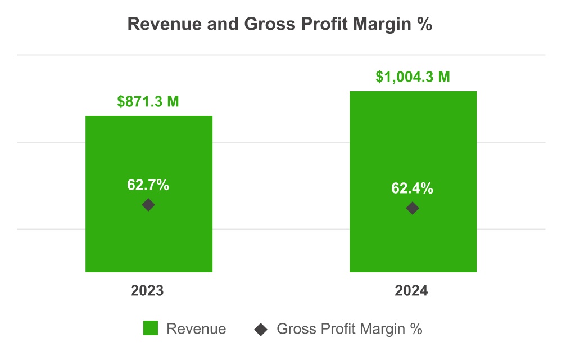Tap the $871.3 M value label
tap(148, 102)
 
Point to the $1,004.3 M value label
tap(413, 77)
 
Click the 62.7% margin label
tap(148, 185)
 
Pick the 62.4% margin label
tap(413, 188)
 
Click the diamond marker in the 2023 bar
tap(148, 205)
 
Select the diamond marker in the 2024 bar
tap(413, 208)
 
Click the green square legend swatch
tap(151, 328)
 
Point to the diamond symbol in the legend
tap(260, 329)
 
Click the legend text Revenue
tap(196, 329)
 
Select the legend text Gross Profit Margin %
tap(349, 329)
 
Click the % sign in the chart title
tap(425, 25)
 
